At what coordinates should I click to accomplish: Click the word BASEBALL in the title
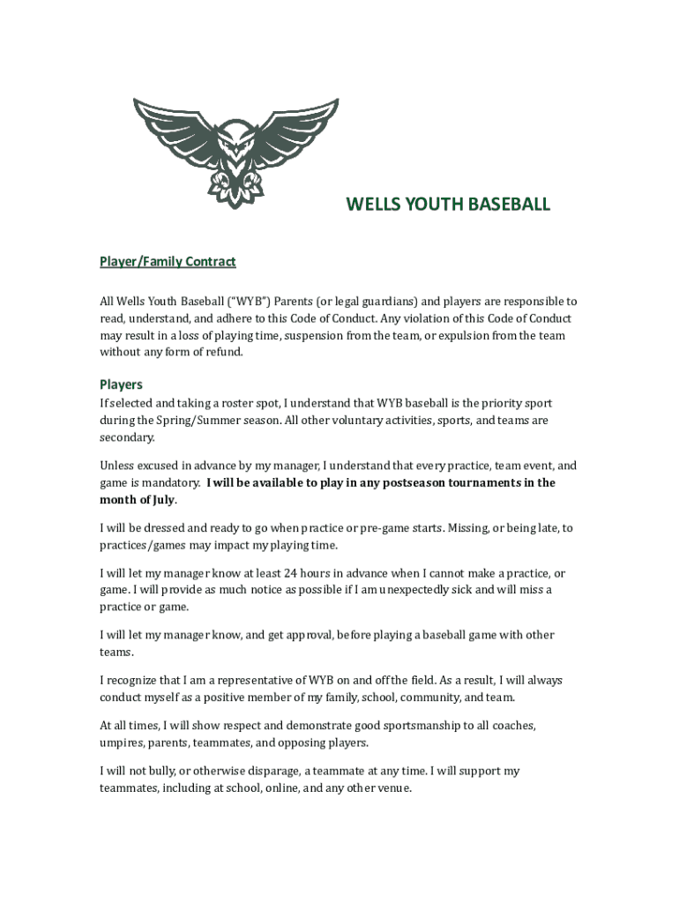(505, 205)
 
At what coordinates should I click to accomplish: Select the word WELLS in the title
(373, 205)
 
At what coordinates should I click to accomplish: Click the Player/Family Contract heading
(167, 262)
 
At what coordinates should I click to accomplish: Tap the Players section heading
(121, 384)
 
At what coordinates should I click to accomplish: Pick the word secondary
(127, 437)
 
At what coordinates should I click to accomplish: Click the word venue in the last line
(392, 788)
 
